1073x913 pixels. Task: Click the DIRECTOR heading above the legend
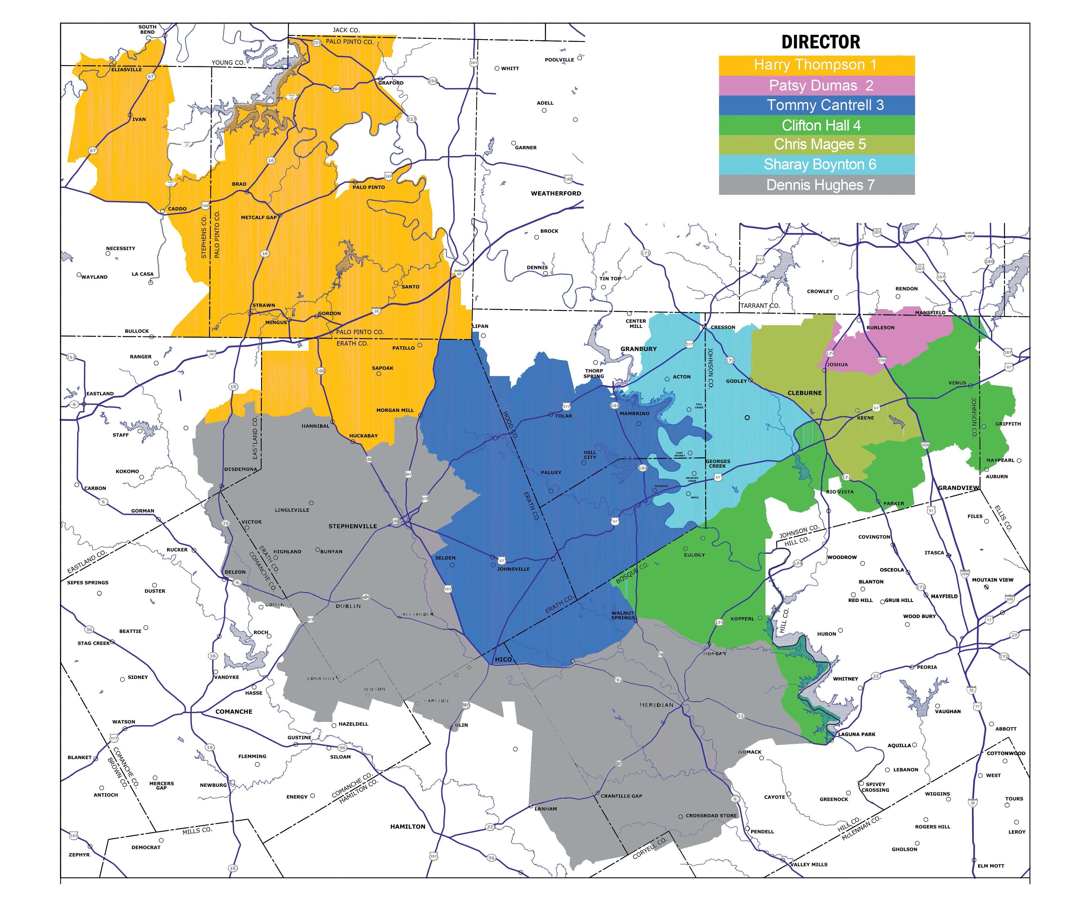tap(820, 42)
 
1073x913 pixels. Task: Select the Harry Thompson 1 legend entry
tap(816, 65)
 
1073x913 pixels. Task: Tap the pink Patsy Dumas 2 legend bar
tap(816, 85)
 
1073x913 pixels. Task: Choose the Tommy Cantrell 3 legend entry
tap(816, 105)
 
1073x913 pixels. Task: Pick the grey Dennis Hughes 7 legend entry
tap(816, 185)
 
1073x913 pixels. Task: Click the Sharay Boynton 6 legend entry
tap(816, 164)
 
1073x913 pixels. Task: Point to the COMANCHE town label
tap(234, 712)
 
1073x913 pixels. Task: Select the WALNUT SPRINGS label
tap(623, 615)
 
